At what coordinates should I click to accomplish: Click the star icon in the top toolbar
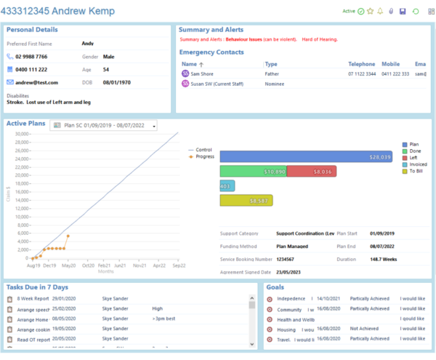coord(370,12)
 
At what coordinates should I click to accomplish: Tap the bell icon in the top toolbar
coord(380,12)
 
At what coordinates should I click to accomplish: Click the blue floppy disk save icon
coord(403,12)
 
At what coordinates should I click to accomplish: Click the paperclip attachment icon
coord(391,12)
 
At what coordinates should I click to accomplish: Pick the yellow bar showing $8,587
coord(246,200)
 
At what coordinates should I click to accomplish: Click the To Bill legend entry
coord(416,171)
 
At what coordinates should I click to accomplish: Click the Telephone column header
coord(361,64)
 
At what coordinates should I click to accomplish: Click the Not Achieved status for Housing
coord(365,329)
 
